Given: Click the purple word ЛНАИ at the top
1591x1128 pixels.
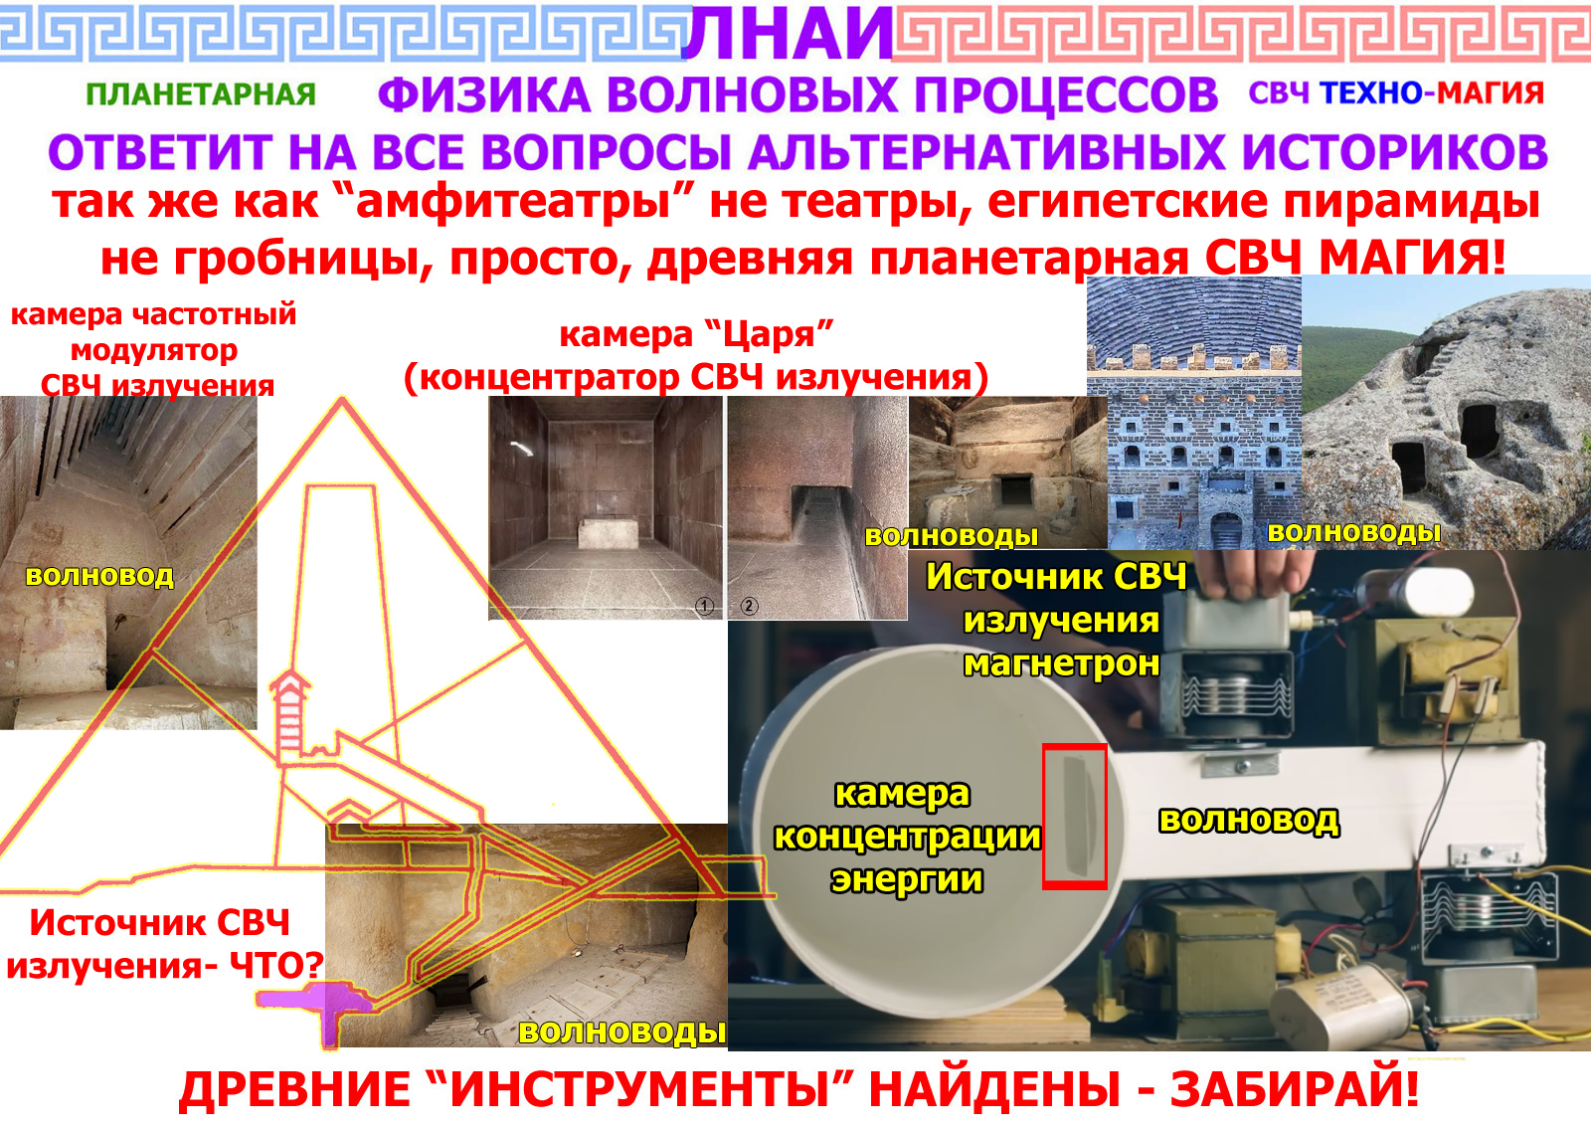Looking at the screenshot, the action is [x=787, y=33].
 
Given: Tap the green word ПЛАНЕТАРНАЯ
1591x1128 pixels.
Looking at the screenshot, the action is [x=201, y=94].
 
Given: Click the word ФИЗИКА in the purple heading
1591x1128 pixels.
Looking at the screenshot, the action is [x=484, y=95].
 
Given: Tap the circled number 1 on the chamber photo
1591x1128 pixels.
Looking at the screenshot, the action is [x=704, y=606].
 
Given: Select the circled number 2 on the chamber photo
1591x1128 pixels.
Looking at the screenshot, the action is [x=750, y=606].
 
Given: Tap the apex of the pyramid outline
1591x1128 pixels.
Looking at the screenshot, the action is [x=342, y=399].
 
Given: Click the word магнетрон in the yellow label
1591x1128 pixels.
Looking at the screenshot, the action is [x=1062, y=664].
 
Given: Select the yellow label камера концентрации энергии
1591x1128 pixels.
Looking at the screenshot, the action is [x=907, y=837].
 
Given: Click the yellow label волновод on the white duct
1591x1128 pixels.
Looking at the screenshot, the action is [x=1249, y=821].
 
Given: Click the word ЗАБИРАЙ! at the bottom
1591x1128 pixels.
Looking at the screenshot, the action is [x=1294, y=1089].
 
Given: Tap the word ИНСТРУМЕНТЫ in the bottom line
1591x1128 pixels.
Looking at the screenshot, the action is [x=640, y=1089].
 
